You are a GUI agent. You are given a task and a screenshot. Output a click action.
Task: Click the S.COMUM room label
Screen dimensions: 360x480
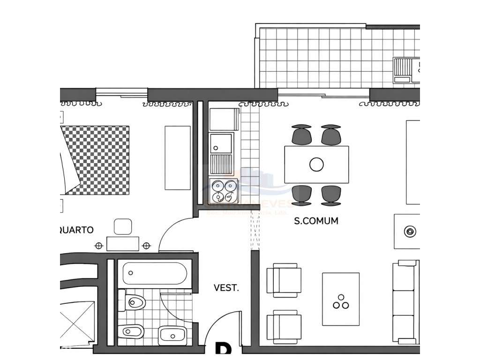(x=316, y=221)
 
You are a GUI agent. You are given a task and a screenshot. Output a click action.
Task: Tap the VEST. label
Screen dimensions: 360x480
(x=226, y=288)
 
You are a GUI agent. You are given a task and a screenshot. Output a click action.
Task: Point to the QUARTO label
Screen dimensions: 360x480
(x=77, y=230)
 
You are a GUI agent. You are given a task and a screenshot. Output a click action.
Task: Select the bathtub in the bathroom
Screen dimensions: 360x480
(x=155, y=273)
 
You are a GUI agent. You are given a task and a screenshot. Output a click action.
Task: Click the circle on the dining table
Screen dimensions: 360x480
(x=317, y=164)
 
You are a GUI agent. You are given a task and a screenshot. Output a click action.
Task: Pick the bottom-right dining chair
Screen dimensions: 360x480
(x=331, y=195)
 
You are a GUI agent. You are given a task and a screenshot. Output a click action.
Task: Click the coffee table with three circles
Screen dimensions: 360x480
(x=341, y=299)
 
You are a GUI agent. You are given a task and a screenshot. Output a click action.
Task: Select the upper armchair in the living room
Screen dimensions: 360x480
(x=284, y=280)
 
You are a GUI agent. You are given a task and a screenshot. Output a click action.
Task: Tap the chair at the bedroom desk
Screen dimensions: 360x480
(x=123, y=227)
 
